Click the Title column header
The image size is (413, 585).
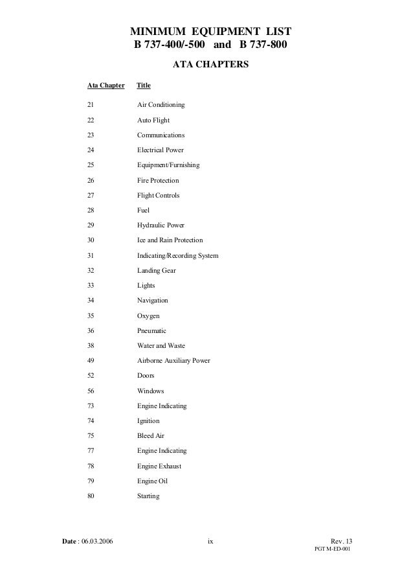coord(144,86)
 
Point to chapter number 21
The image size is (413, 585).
coord(91,105)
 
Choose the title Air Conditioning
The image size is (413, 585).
coord(161,105)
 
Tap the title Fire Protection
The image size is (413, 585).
coord(158,180)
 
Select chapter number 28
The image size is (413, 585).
coord(91,211)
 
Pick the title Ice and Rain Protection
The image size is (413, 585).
coord(170,240)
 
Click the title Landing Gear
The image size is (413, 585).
coord(156,271)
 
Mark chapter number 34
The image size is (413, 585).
coord(91,301)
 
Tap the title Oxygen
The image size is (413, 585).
coord(148,315)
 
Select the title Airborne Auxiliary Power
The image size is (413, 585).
coord(173,361)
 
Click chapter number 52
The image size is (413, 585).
coord(91,376)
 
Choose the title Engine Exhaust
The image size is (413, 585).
coord(159,466)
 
